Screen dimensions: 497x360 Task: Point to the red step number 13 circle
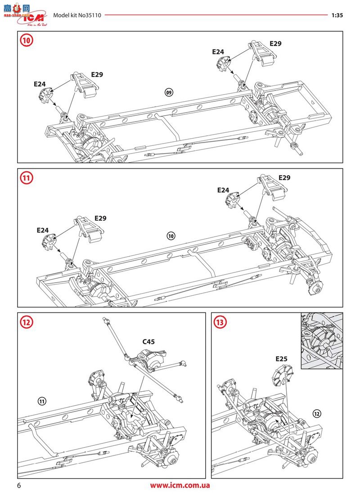coord(221,322)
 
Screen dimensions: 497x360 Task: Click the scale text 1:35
coord(337,15)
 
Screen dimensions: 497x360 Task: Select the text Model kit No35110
coord(77,15)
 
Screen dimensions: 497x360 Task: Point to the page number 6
coord(19,485)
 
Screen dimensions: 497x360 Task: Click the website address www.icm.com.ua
coord(180,485)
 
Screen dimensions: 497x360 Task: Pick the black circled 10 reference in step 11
coord(171,235)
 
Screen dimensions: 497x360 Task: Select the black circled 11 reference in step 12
coord(42,401)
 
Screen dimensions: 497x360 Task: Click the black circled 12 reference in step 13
coord(316,413)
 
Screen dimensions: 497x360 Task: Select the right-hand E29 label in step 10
coord(275,44)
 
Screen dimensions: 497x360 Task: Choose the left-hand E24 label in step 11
coord(42,230)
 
